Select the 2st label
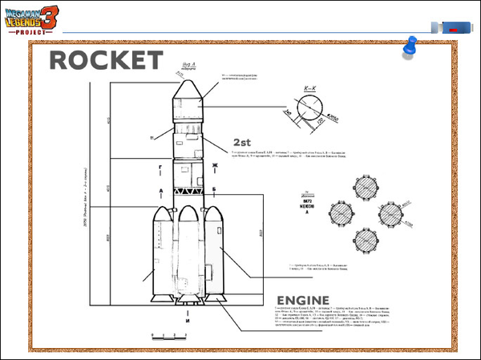[243, 142]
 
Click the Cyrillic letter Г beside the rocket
[161, 168]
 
